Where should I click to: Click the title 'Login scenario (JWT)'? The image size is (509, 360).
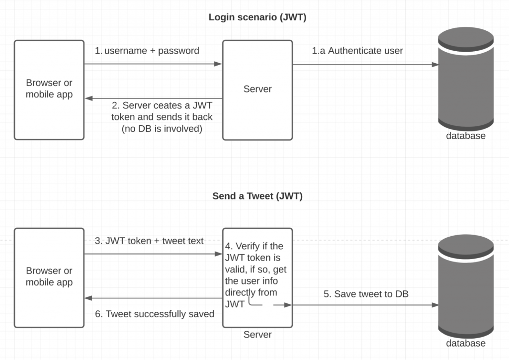click(x=257, y=17)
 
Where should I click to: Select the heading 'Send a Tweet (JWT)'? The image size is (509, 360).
click(x=257, y=196)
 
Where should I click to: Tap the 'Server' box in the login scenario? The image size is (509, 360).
click(x=257, y=90)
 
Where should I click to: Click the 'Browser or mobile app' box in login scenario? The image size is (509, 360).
click(x=49, y=90)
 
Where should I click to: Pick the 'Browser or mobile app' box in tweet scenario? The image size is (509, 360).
click(x=49, y=277)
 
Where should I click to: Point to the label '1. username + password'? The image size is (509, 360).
click(x=147, y=51)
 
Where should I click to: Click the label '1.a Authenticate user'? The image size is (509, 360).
click(x=357, y=51)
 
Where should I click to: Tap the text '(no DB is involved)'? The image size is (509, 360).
click(x=163, y=129)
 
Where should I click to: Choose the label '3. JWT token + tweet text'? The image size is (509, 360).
click(x=149, y=241)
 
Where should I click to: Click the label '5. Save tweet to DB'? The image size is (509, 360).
click(x=366, y=294)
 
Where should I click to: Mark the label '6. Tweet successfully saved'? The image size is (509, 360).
click(x=154, y=314)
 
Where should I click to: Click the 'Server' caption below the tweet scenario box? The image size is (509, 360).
click(x=257, y=335)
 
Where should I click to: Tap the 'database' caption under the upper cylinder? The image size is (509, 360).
click(x=465, y=136)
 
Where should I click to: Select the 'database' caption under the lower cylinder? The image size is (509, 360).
click(x=465, y=343)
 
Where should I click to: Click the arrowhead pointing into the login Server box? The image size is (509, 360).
click(x=218, y=64)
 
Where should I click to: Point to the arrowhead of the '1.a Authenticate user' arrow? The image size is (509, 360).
click(x=435, y=65)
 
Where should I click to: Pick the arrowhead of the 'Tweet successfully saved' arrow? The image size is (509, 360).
click(x=88, y=298)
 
